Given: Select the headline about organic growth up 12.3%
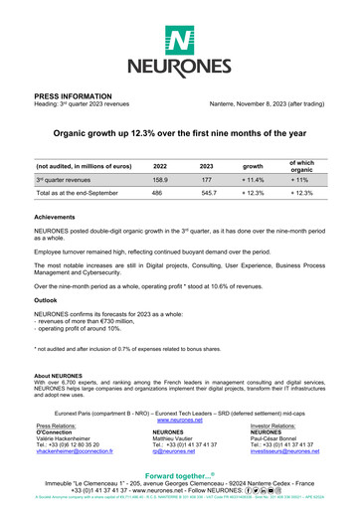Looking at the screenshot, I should click(x=179, y=131).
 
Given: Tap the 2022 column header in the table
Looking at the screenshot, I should click(x=160, y=166).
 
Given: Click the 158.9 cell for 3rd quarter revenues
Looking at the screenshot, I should click(x=160, y=181).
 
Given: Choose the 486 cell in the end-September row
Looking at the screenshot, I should click(x=160, y=196).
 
